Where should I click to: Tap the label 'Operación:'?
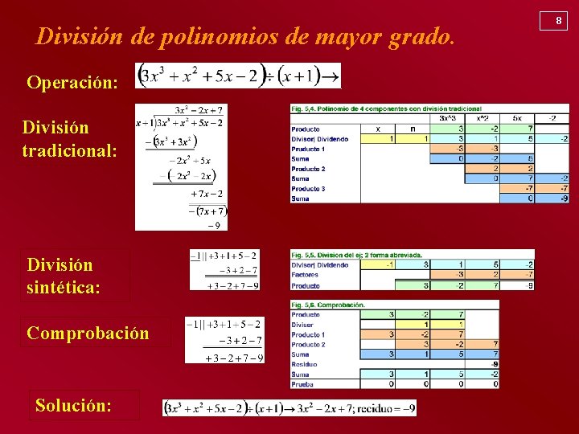(x=72, y=82)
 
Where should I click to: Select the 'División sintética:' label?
(x=64, y=275)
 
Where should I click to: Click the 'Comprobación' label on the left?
(x=88, y=333)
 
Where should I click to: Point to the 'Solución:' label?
(x=73, y=405)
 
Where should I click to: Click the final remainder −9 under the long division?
(x=215, y=225)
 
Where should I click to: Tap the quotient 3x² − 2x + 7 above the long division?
(x=199, y=109)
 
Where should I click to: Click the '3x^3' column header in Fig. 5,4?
(x=447, y=118)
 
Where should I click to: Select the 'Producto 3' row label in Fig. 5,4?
(x=309, y=188)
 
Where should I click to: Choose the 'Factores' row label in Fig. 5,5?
(x=306, y=275)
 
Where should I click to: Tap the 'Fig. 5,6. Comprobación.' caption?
(x=329, y=305)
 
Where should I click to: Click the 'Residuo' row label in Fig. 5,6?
(x=305, y=364)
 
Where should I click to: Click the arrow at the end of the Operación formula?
(x=331, y=76)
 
